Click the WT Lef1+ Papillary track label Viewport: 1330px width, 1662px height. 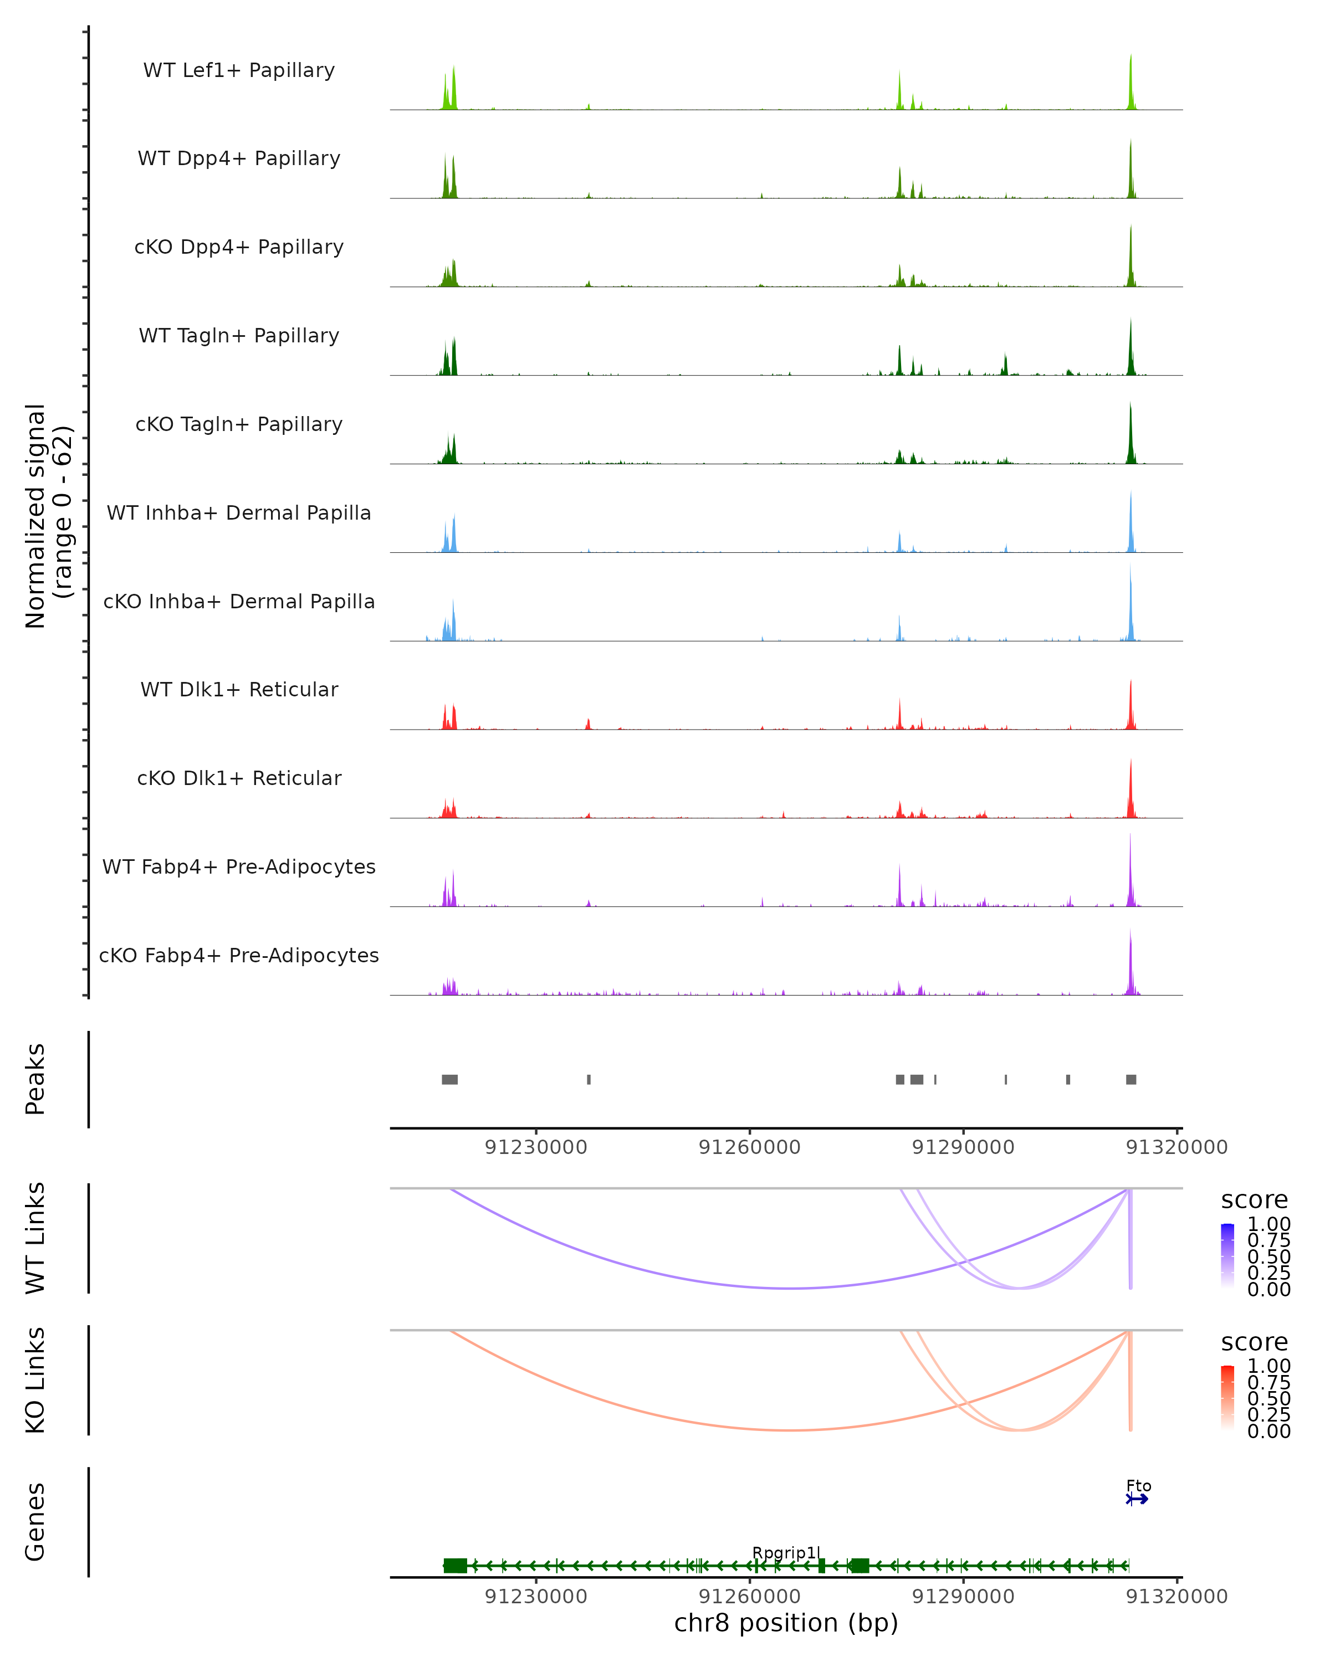coord(239,70)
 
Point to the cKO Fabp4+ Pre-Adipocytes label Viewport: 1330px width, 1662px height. coord(239,955)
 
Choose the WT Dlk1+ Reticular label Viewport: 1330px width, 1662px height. coord(239,689)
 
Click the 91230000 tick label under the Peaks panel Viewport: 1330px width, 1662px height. coord(536,1147)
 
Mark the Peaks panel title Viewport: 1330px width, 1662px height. coord(35,1079)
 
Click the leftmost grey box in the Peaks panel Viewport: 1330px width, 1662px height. coord(449,1079)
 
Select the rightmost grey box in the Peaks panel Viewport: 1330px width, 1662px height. coord(1130,1079)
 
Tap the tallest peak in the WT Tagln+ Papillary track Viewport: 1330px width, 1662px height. coord(1130,347)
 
